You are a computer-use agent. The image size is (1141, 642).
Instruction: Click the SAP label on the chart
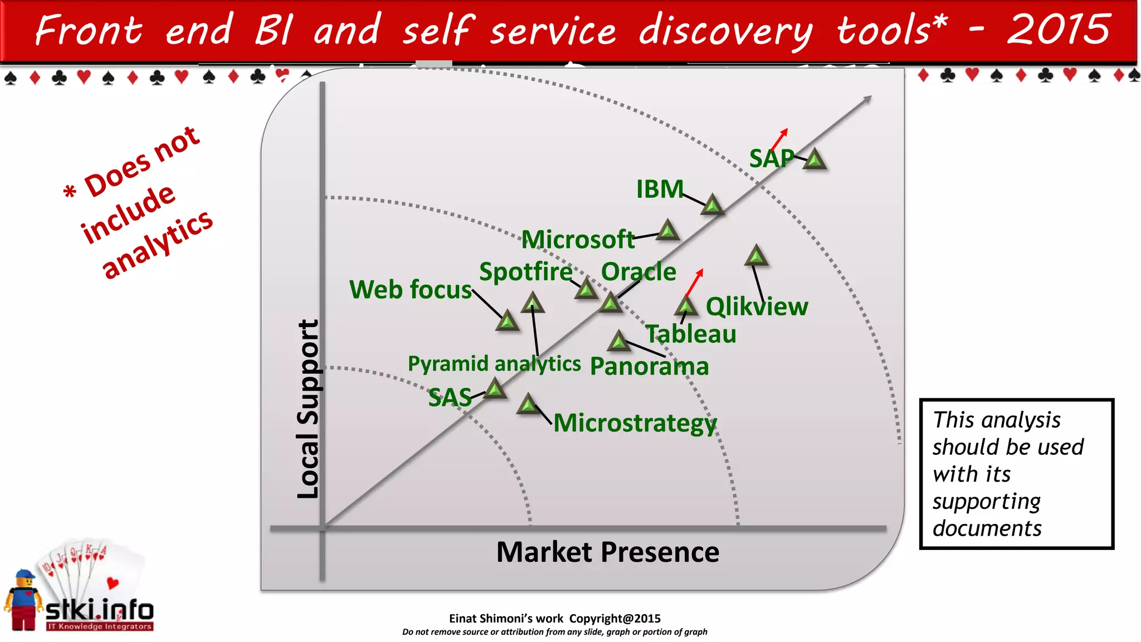click(771, 159)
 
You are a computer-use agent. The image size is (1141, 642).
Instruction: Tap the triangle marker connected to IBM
click(712, 205)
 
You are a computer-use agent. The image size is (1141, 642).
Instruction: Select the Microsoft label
click(578, 240)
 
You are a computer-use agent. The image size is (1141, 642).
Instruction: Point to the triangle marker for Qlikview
click(756, 256)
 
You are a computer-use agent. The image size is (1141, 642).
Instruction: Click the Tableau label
click(691, 334)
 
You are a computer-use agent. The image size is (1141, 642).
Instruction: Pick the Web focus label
click(411, 290)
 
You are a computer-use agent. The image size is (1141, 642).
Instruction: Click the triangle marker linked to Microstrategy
click(528, 404)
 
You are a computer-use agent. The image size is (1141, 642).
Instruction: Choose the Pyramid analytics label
click(494, 364)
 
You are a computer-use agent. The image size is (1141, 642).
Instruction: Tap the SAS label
click(450, 398)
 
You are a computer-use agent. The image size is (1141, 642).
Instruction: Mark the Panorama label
click(649, 367)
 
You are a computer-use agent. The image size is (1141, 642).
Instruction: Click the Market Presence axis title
click(607, 552)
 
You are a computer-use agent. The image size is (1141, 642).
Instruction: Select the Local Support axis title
click(308, 409)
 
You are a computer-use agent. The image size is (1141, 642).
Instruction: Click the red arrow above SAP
click(780, 138)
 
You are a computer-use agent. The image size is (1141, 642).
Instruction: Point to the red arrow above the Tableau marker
click(695, 282)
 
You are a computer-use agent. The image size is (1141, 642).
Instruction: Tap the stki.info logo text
click(99, 610)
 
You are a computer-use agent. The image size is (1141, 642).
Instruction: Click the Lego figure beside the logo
click(23, 601)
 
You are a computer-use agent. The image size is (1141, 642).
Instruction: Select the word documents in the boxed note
click(987, 528)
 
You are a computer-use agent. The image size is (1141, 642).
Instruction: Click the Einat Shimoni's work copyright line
click(554, 619)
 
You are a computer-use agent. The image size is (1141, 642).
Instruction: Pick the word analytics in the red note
click(157, 245)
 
